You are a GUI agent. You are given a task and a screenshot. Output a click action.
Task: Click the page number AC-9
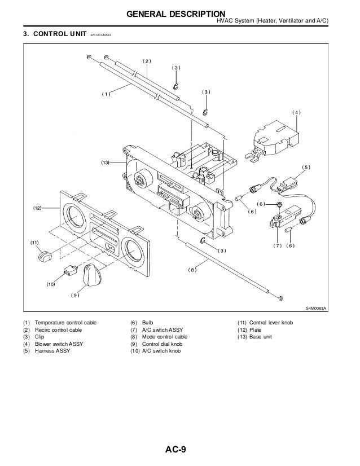179,450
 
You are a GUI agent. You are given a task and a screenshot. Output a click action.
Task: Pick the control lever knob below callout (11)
43,257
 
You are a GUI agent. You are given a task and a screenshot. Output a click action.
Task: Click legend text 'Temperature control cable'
65,322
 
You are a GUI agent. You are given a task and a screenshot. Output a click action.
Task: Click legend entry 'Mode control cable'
165,336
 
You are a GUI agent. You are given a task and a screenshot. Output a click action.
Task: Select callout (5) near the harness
306,168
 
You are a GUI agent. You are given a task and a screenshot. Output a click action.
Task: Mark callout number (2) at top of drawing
147,60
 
